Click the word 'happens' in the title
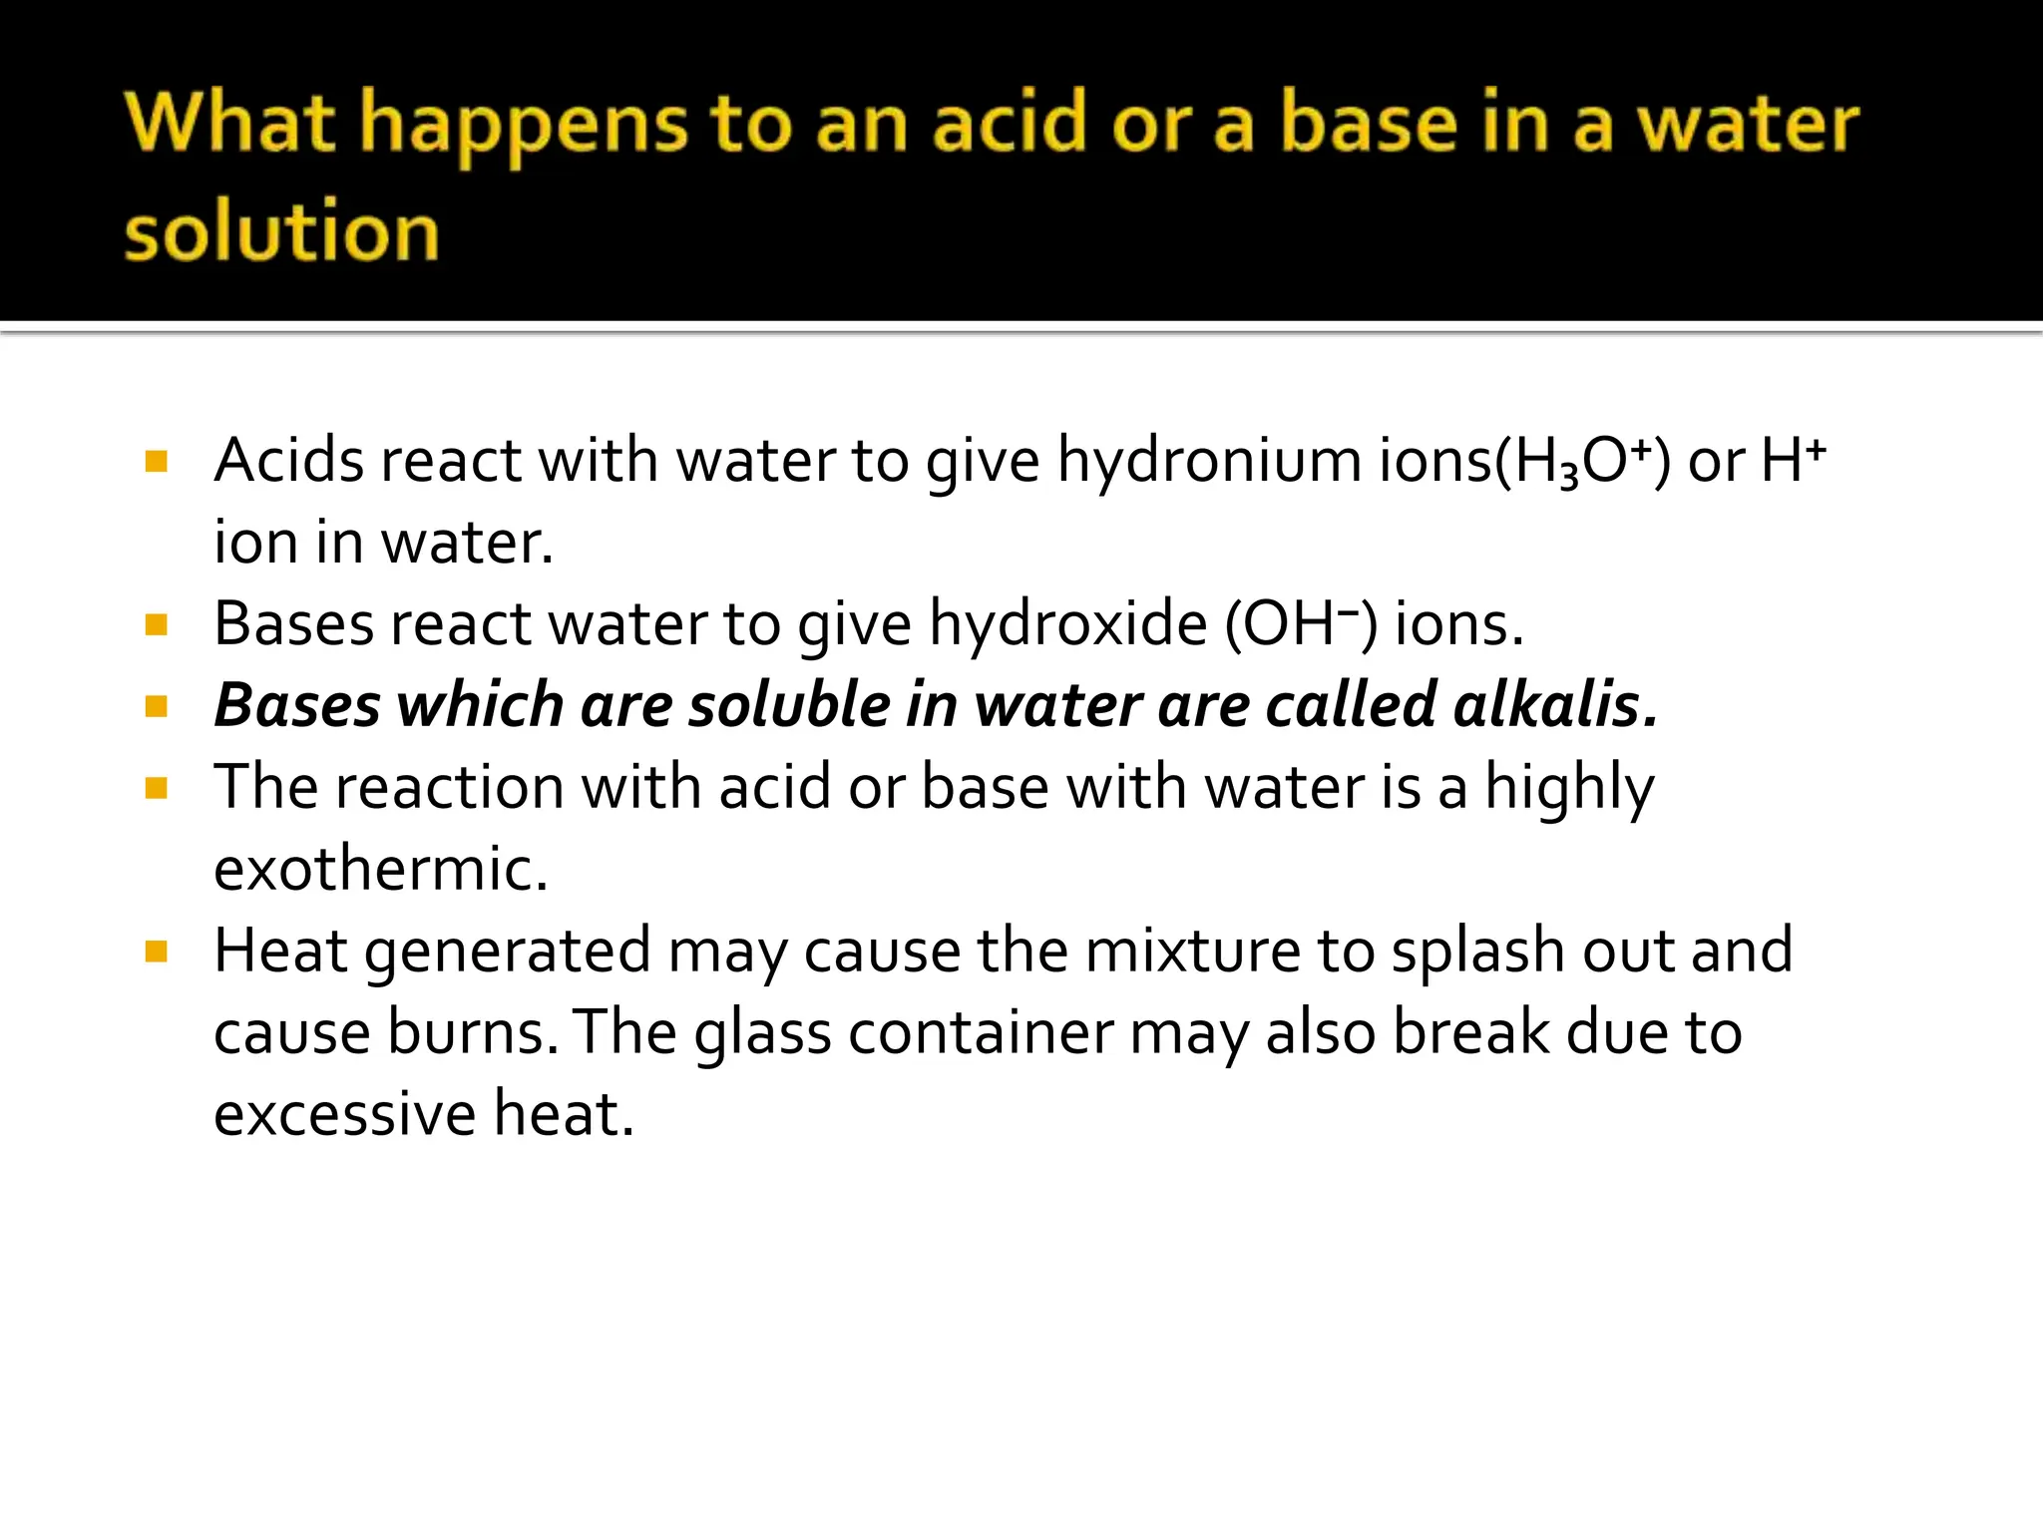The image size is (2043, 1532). [523, 126]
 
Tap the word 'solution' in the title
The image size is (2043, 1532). [281, 231]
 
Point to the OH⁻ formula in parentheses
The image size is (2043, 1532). [1301, 624]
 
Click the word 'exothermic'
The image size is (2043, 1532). [380, 869]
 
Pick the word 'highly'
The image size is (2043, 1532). [1569, 789]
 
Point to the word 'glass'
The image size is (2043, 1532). [762, 1033]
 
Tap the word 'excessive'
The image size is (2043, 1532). [345, 1113]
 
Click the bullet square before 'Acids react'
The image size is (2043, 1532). [156, 461]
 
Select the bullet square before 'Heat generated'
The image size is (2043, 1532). [156, 951]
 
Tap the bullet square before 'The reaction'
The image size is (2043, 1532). [156, 788]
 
